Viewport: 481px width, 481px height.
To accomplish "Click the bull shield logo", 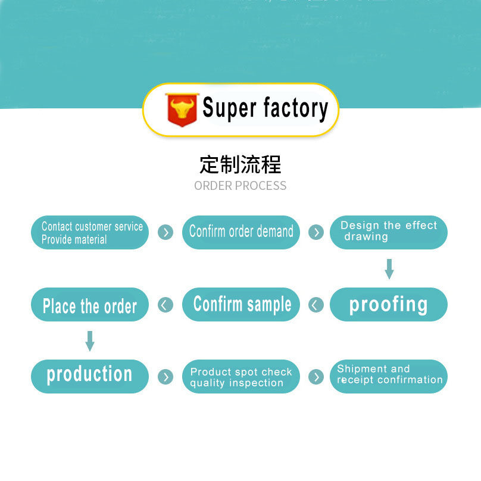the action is pos(182,110).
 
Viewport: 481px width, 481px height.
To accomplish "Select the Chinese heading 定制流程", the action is pos(240,164).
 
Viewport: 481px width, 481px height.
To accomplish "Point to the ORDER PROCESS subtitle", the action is pos(240,186).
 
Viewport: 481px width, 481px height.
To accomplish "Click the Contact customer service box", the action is pos(90,233).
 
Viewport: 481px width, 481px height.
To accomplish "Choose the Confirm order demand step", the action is pos(240,232).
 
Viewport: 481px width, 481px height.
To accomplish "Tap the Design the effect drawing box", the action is pos(388,232).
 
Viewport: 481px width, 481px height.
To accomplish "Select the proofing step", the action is pos(388,305).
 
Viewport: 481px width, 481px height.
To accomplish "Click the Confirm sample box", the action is pos(240,305).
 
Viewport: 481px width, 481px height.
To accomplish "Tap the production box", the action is pos(90,376).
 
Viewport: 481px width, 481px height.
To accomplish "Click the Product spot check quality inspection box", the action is pos(240,377).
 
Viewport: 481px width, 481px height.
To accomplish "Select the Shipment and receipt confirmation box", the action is pos(388,376).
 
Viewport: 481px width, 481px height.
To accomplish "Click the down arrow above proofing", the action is pos(389,268).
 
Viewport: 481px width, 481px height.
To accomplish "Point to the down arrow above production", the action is pos(90,341).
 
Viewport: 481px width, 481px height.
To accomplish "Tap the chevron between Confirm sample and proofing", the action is pos(316,305).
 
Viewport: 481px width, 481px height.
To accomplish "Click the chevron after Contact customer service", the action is pos(165,232).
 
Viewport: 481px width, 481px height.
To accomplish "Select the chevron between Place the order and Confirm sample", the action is pos(165,305).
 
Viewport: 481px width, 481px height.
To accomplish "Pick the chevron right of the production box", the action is pos(165,377).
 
